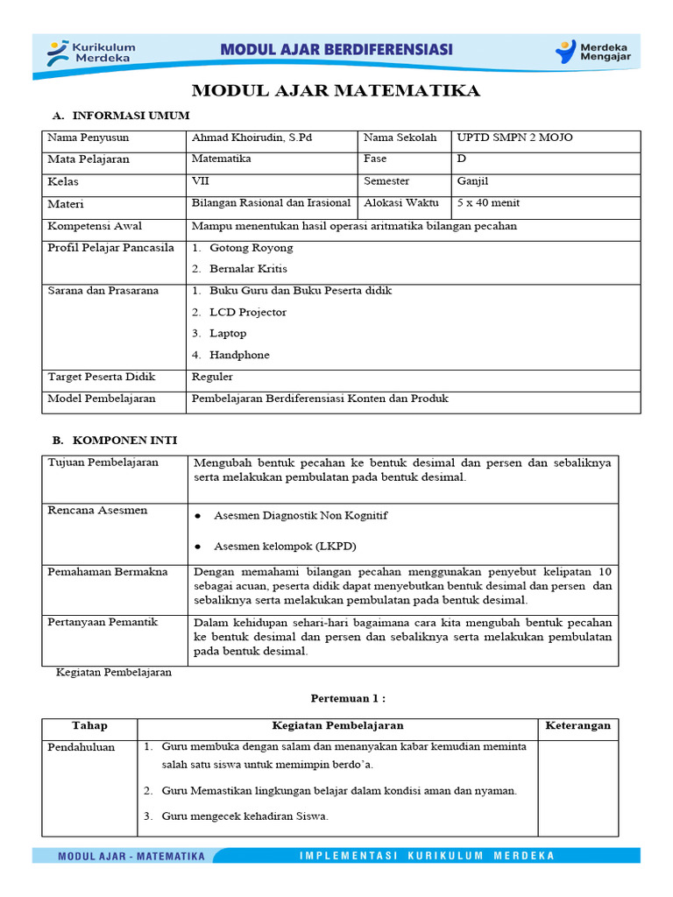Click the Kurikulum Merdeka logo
(x=91, y=52)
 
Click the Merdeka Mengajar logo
(x=592, y=52)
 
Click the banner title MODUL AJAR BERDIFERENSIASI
(x=336, y=50)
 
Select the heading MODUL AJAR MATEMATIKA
(x=336, y=91)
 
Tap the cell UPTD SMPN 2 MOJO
(x=514, y=138)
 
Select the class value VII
(x=200, y=181)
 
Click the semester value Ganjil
(x=472, y=181)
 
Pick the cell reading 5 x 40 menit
(x=488, y=203)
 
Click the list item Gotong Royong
(x=251, y=248)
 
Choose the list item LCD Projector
(x=247, y=312)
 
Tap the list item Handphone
(x=239, y=355)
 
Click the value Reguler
(x=212, y=377)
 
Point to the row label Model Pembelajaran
(x=101, y=399)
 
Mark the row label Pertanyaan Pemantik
(x=103, y=622)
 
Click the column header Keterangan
(x=577, y=726)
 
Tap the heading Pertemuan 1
(x=348, y=698)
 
